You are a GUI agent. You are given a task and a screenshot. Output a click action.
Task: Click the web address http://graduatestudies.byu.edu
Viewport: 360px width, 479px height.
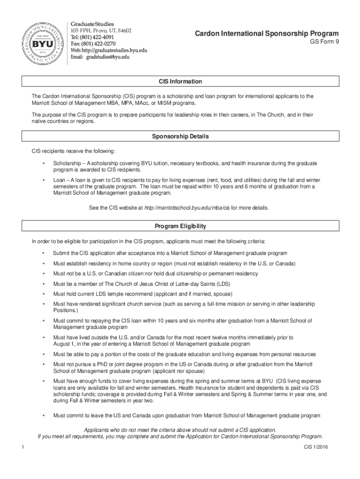point(108,50)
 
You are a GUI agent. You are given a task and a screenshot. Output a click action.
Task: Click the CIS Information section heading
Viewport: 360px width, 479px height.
point(180,81)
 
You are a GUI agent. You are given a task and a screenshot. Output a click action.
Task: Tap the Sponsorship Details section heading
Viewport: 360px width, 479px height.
point(180,137)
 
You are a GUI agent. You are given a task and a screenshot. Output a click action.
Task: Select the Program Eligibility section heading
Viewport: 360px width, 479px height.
point(180,226)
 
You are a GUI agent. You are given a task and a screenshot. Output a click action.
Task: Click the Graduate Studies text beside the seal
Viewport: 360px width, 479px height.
point(92,23)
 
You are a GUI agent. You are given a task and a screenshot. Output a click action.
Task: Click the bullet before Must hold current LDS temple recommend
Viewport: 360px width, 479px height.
point(43,294)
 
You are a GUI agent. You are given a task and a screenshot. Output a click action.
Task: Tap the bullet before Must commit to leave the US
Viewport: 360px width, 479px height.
point(43,415)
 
